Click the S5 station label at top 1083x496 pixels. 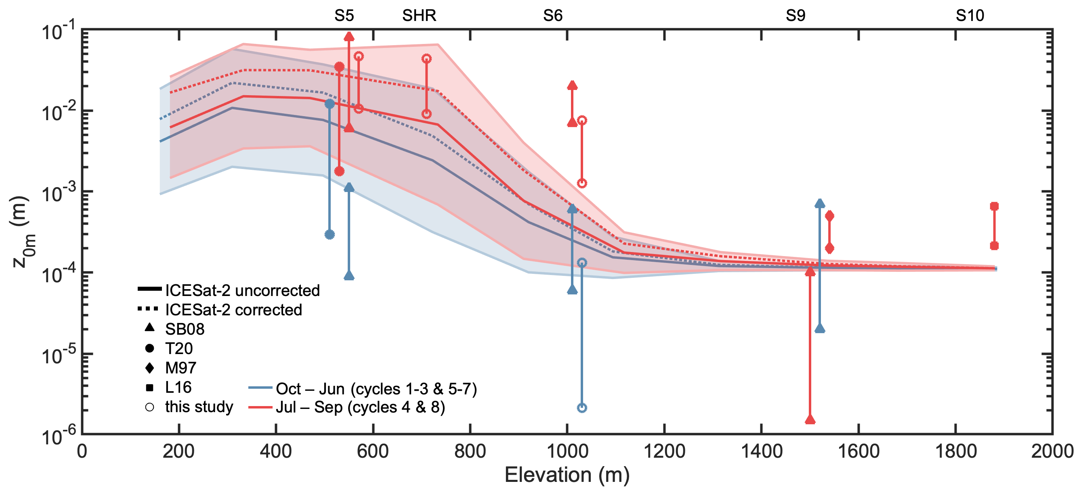344,16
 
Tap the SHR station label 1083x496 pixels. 419,16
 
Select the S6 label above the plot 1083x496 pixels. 552,16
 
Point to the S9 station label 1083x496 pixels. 795,16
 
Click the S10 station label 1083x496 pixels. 970,16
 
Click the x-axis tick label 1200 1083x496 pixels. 664,452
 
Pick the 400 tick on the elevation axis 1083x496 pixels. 276,452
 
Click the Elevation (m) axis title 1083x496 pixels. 567,475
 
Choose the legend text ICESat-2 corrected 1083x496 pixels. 233,310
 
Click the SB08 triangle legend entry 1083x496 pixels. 150,327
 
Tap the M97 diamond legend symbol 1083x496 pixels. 150,368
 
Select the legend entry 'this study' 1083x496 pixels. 199,407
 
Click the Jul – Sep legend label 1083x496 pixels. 360,407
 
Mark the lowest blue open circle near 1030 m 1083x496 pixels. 582,408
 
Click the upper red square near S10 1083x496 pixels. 994,206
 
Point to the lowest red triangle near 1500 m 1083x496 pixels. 810,419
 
